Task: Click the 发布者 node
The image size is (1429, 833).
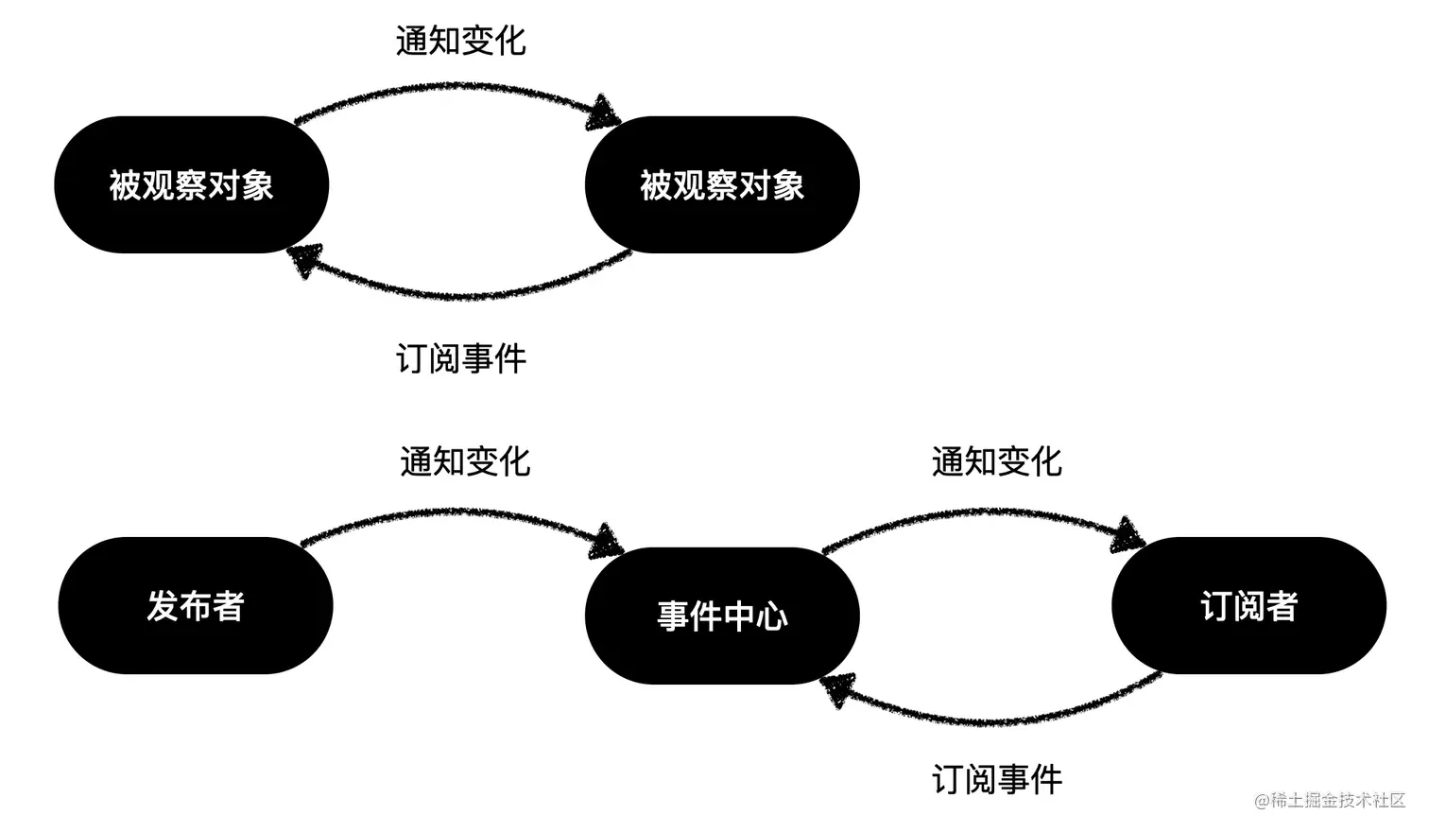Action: click(196, 606)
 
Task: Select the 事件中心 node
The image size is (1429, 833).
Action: click(722, 616)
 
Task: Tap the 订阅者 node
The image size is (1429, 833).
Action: click(1248, 606)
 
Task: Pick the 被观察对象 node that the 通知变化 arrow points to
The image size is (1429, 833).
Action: click(722, 185)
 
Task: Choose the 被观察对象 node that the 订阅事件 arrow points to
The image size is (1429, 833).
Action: click(192, 185)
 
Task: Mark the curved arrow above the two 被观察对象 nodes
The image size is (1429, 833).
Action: click(454, 90)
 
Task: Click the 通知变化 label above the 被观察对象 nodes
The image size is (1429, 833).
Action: click(460, 42)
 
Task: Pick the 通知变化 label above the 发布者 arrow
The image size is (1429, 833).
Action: click(465, 462)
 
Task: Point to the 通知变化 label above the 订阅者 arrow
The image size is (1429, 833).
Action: click(996, 462)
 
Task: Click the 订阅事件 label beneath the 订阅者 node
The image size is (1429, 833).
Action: click(997, 780)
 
